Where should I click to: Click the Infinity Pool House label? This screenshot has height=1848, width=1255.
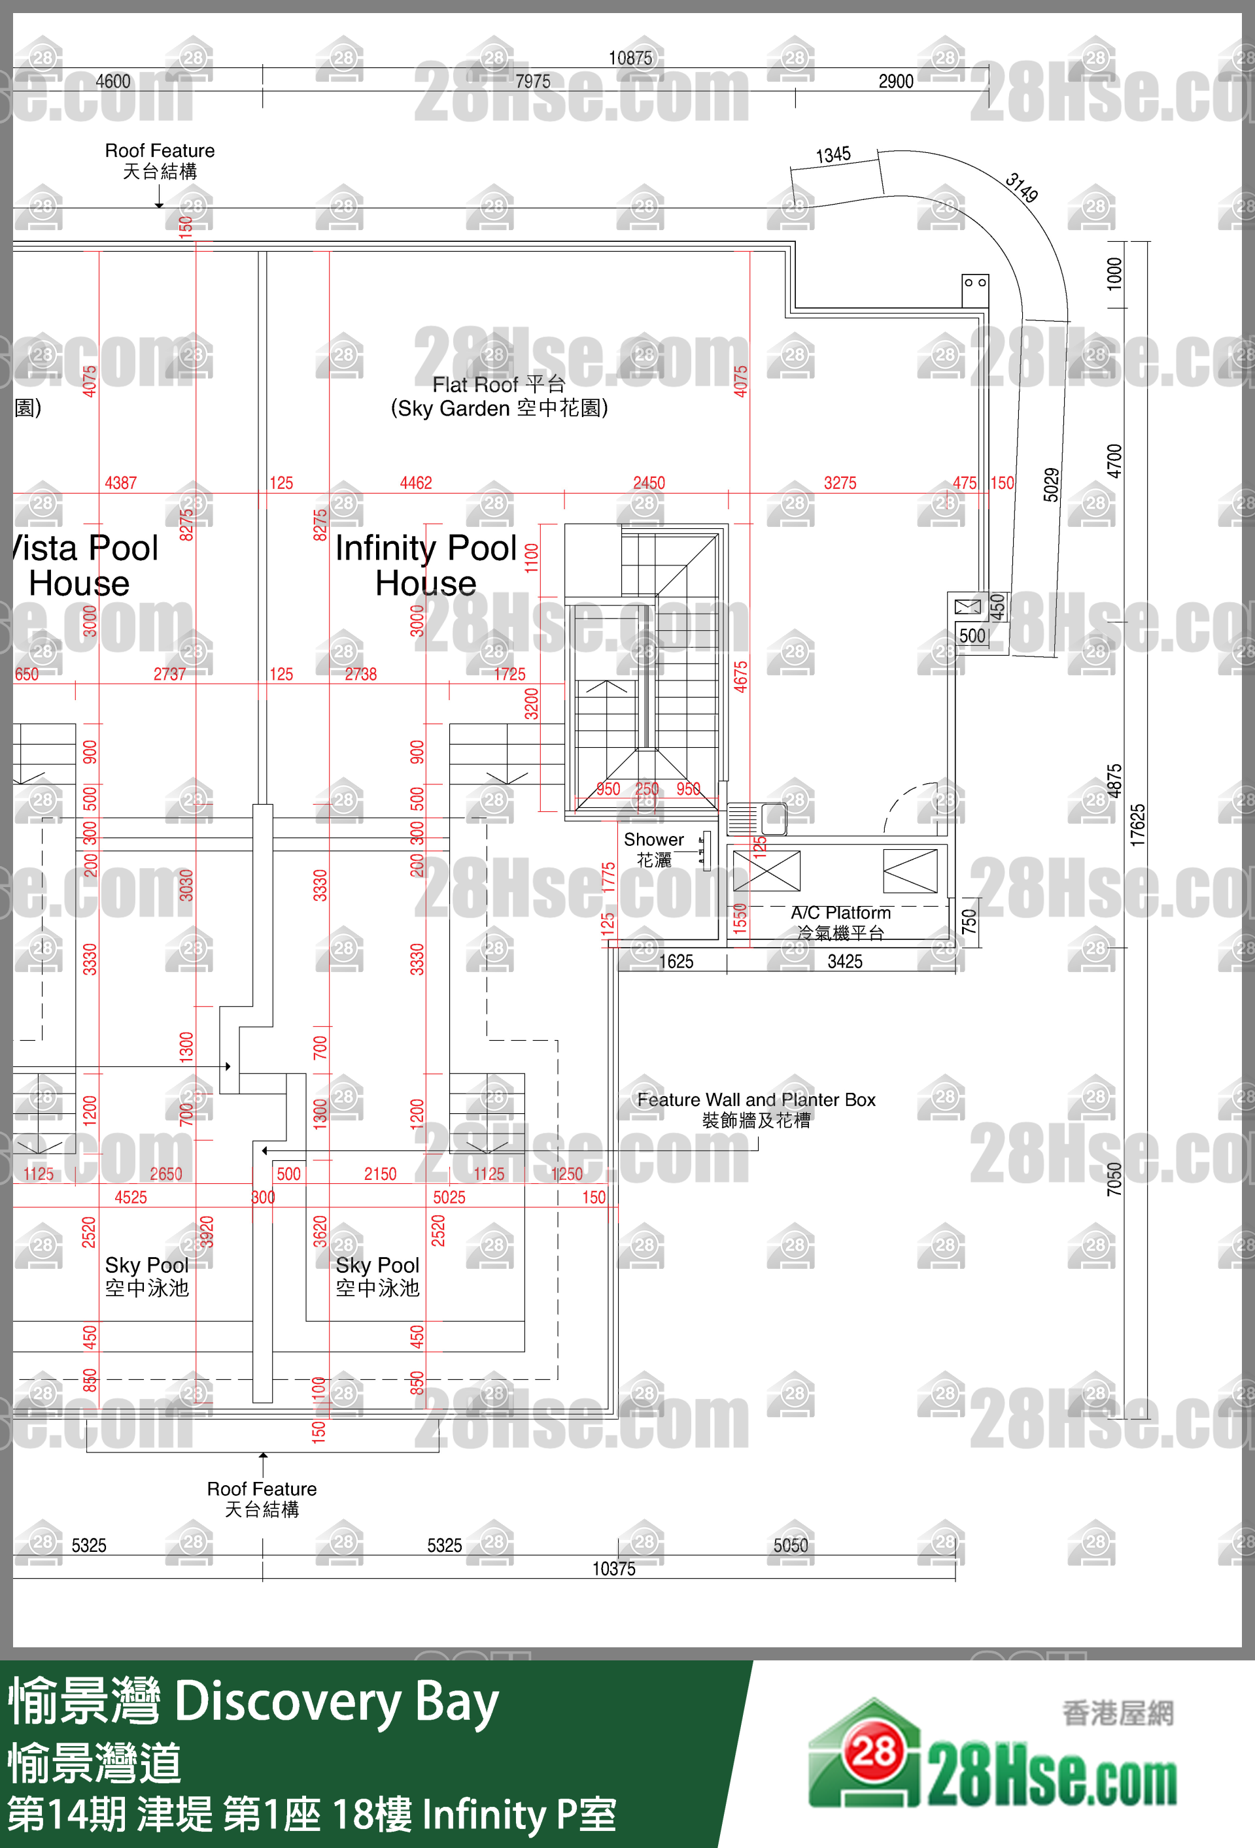tap(426, 565)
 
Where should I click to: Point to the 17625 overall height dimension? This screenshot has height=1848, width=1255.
tap(1138, 824)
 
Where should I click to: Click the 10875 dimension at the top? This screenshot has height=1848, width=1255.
tap(630, 58)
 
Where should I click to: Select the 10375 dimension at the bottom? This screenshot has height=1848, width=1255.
tap(613, 1568)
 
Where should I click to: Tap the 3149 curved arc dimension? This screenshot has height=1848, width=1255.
tap(1021, 188)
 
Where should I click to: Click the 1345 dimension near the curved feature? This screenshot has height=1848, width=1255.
tap(833, 154)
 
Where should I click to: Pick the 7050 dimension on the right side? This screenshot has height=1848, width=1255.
tap(1114, 1179)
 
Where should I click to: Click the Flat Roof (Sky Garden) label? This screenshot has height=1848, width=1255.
tap(498, 396)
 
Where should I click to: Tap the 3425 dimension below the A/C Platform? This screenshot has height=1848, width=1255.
tap(844, 962)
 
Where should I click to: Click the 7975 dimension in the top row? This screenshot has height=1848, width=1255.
tap(532, 81)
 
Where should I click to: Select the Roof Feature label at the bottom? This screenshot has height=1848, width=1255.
tap(262, 1498)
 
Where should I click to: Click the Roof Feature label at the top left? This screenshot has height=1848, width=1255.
tap(160, 160)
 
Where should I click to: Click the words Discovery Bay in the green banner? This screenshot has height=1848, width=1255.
tap(335, 1702)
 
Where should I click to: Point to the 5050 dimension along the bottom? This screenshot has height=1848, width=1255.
tap(791, 1545)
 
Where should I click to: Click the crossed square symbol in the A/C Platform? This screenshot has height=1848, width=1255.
tap(766, 870)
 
